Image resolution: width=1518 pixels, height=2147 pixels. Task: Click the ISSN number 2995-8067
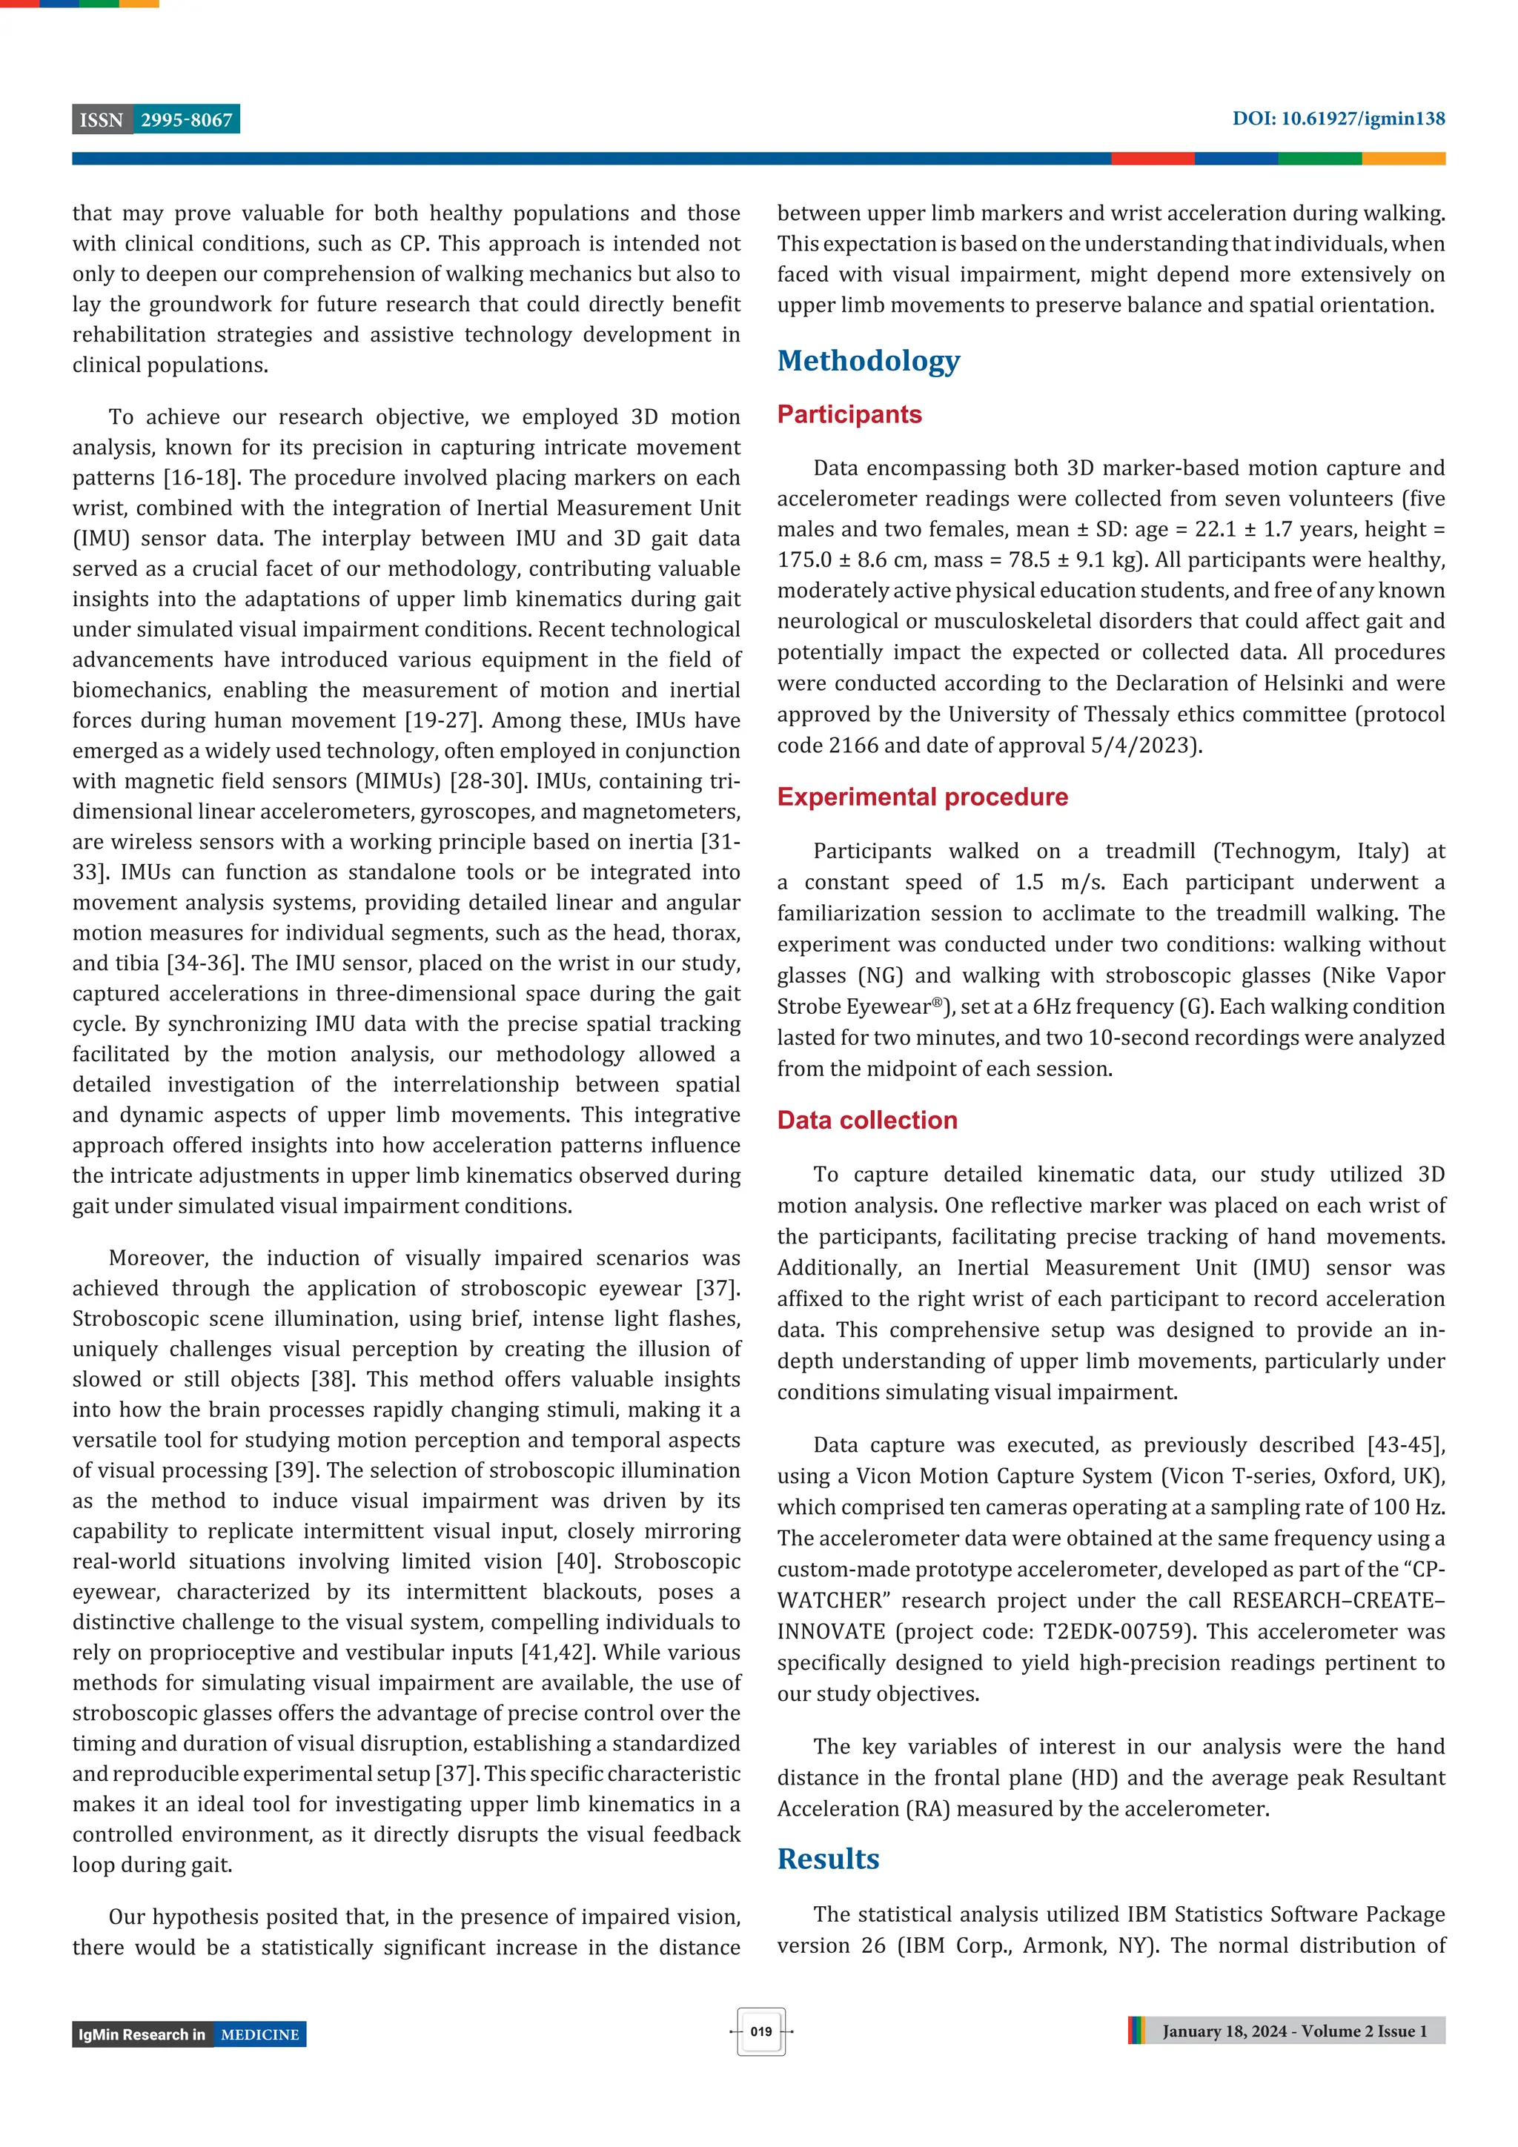[x=186, y=120]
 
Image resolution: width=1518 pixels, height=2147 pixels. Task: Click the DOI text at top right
[x=1337, y=119]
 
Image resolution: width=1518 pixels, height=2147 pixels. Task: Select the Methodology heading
[x=868, y=361]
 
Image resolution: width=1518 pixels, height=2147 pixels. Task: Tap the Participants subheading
[x=849, y=414]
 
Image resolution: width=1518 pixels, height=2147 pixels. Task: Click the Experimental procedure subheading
[x=922, y=797]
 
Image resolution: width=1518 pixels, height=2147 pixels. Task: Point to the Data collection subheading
[x=867, y=1121]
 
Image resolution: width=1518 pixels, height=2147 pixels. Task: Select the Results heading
[x=828, y=1859]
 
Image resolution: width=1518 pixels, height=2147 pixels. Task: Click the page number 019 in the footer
[x=760, y=2031]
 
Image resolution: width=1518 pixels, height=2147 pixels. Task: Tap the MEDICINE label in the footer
[x=260, y=2035]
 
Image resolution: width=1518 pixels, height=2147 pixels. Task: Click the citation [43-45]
[x=1406, y=1446]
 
